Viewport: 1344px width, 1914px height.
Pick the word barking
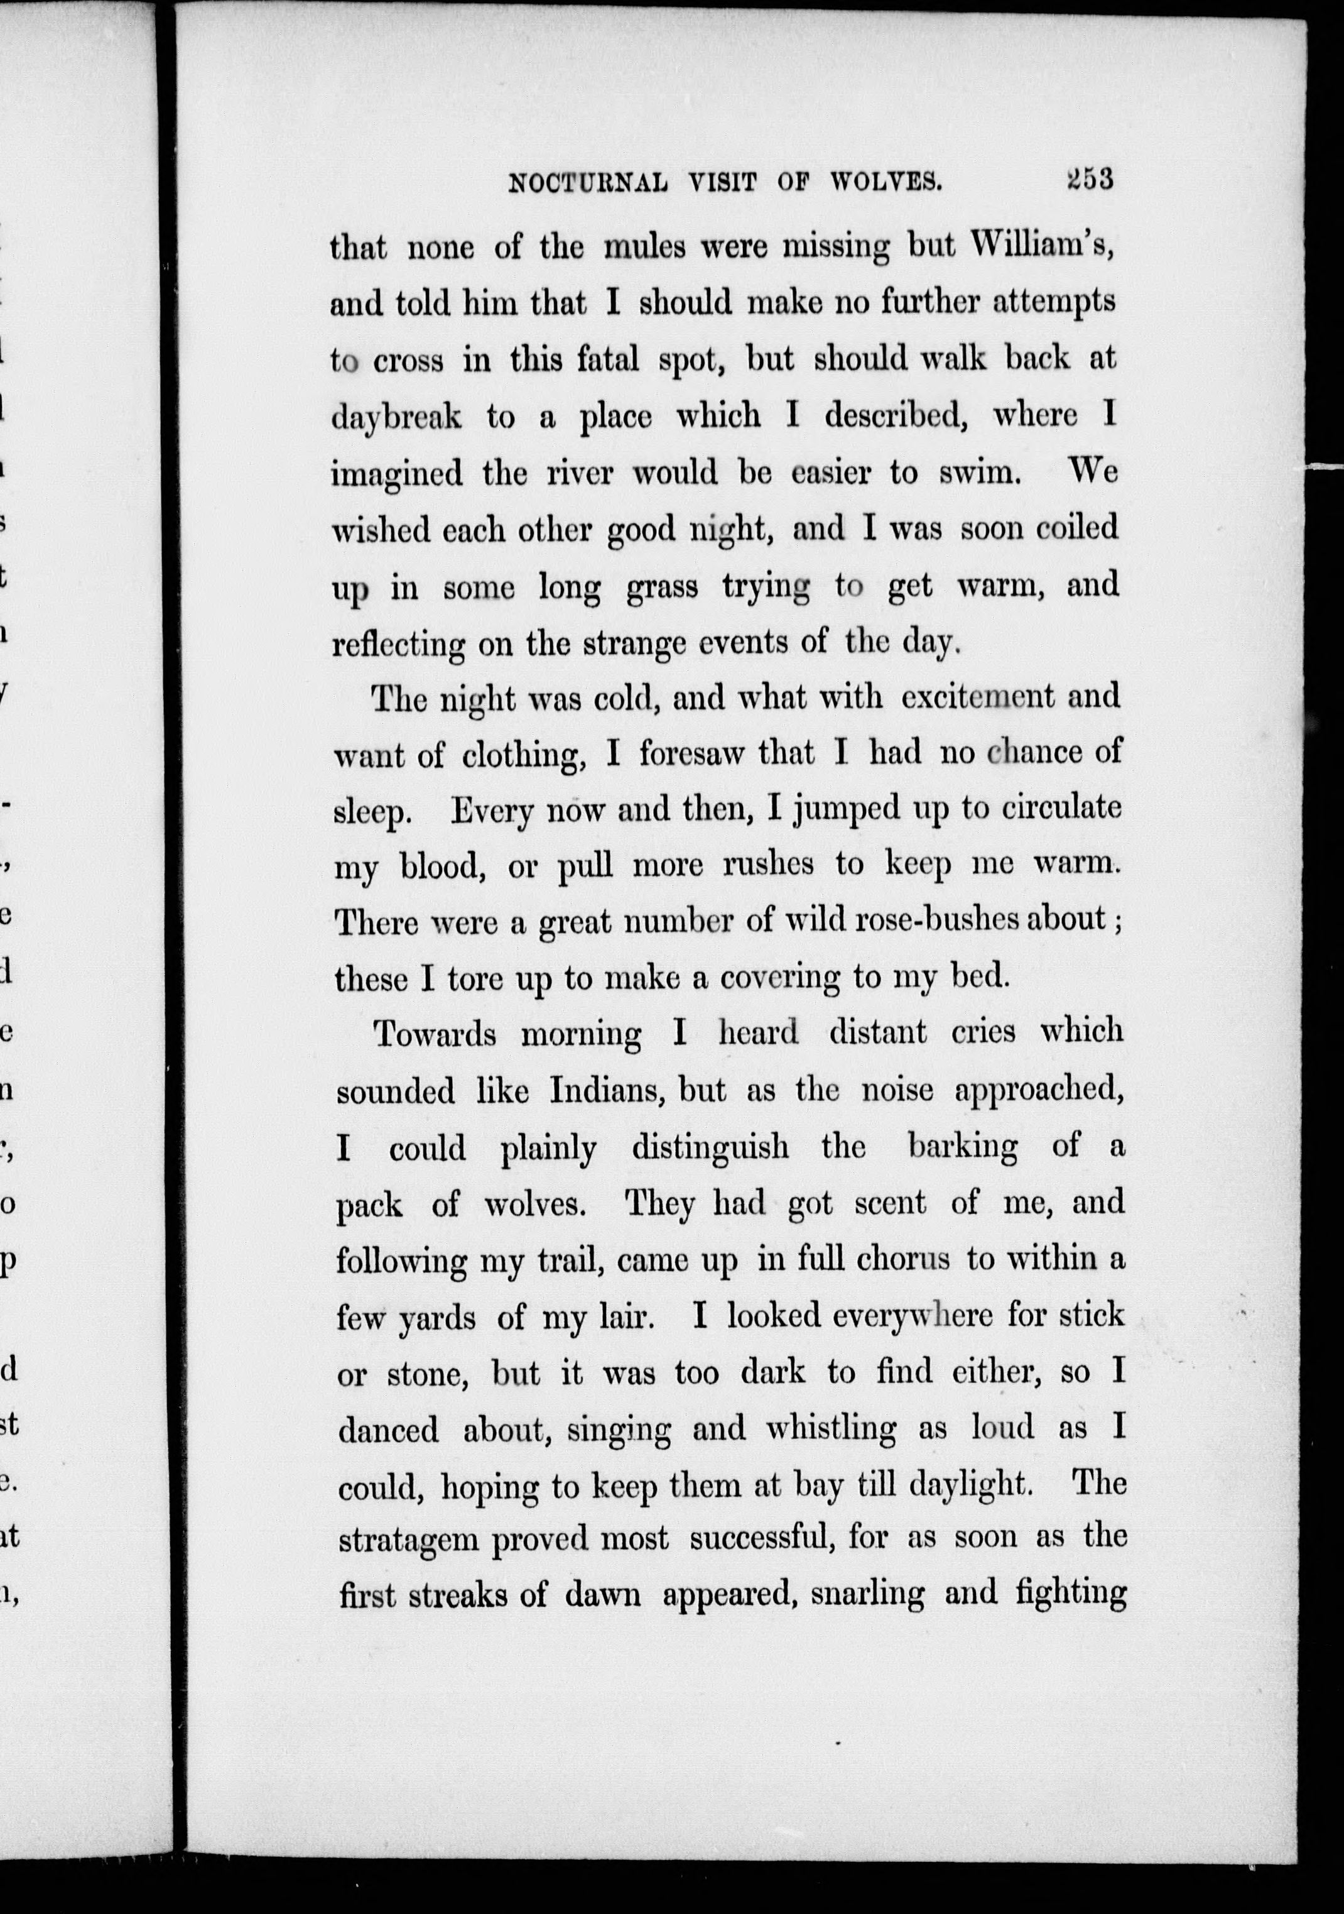click(x=962, y=1148)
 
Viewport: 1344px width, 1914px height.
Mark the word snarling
click(x=867, y=1595)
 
